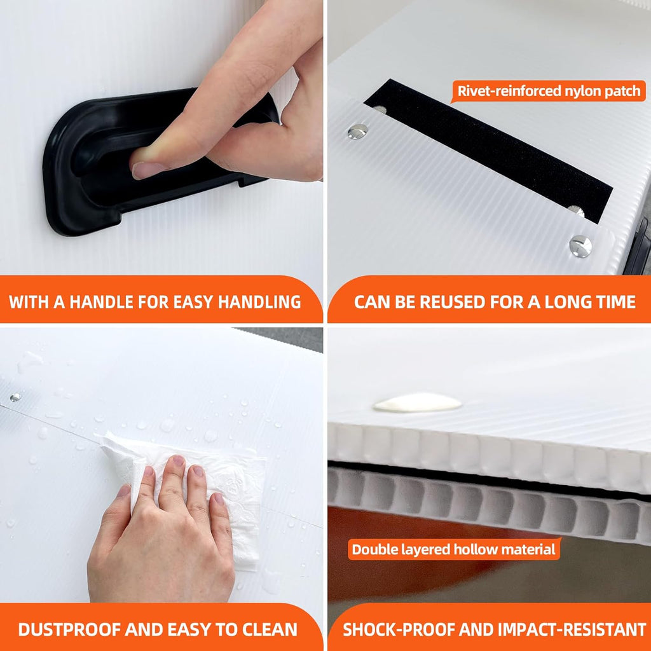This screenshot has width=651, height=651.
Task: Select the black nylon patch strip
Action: pos(488,151)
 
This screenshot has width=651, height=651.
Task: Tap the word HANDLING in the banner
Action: pos(259,302)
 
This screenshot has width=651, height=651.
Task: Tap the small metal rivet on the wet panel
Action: pos(15,397)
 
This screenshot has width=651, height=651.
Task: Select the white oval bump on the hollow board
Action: pos(417,402)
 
